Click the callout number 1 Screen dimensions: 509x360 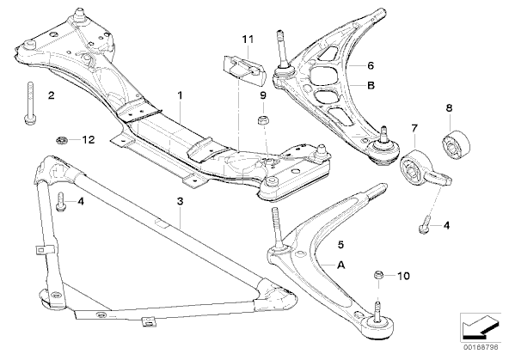click(180, 95)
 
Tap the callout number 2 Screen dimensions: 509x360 click(52, 95)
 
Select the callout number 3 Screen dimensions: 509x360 click(181, 201)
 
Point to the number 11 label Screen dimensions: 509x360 click(248, 40)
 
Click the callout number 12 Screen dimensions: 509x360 click(89, 140)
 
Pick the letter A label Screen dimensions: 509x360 click(340, 265)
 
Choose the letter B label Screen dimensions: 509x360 click(371, 85)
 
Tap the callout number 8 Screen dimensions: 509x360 click(449, 107)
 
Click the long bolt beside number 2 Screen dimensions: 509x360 click(29, 102)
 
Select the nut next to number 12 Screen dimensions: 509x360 click(61, 141)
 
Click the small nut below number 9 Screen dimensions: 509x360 click(262, 120)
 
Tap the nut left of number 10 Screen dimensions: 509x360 click(378, 275)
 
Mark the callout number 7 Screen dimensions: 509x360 click(414, 128)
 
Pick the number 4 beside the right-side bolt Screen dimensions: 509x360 click(447, 225)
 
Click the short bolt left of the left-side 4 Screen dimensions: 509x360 click(61, 202)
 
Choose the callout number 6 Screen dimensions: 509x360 click(371, 65)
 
